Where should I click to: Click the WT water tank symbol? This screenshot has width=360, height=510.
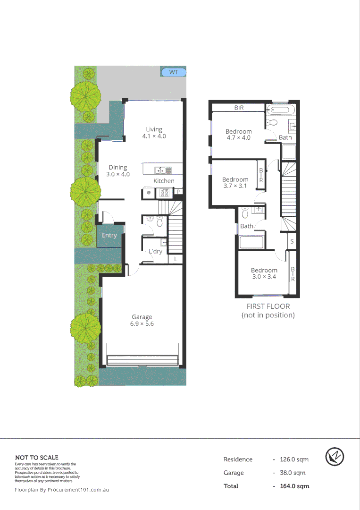[x=174, y=72]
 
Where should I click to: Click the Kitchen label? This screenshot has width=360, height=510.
[x=164, y=181]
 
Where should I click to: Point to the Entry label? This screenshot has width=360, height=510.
[x=109, y=235]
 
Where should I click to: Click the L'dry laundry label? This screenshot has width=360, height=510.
[x=155, y=252]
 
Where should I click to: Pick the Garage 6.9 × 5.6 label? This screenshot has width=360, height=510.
[x=142, y=320]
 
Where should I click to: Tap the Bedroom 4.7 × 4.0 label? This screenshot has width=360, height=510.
[x=238, y=135]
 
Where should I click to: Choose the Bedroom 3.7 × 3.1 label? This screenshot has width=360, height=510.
[x=235, y=183]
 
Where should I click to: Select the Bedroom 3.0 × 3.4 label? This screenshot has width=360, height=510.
[x=264, y=273]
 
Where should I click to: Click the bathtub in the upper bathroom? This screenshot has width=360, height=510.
[x=282, y=110]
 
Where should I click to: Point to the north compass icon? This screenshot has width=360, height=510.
[x=335, y=457]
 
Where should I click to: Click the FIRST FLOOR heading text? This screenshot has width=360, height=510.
[x=268, y=306]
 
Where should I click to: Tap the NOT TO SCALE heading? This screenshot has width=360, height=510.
[x=37, y=457]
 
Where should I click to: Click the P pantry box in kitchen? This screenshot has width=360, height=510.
[x=179, y=191]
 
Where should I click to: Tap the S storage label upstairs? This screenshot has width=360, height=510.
[x=293, y=241]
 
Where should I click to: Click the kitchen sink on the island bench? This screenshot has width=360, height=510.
[x=161, y=170]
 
